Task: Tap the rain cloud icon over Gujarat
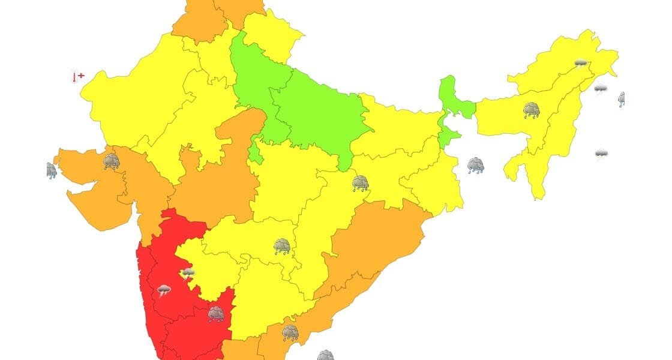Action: pos(111,161)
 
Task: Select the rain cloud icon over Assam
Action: pos(531,110)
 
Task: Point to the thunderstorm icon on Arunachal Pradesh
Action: pos(580,63)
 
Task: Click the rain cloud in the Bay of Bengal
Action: pos(476,165)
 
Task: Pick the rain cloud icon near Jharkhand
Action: pos(360,183)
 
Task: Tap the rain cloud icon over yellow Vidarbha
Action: pos(282,246)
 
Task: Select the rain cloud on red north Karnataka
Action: pos(216,314)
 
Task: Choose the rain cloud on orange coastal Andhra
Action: pos(290,332)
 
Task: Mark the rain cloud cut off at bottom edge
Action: pos(325,355)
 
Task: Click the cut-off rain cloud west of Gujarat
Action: pos(52,170)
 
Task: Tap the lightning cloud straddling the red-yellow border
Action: pos(188,273)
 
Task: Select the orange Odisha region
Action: pos(372,240)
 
